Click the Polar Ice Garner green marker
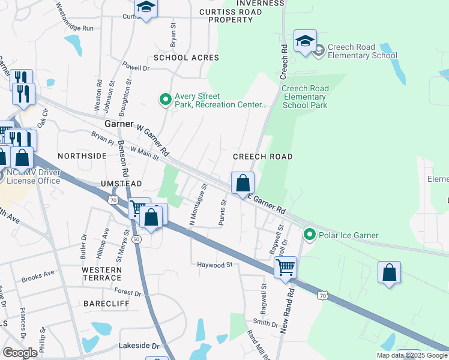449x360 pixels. tap(310, 233)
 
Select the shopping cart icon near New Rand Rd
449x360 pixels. tap(286, 266)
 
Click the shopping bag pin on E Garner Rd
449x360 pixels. tap(243, 183)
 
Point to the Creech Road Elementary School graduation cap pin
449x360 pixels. tap(305, 41)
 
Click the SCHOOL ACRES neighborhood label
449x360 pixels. tap(186, 58)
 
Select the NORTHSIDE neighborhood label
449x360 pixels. tap(82, 155)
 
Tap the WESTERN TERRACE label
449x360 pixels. tap(101, 274)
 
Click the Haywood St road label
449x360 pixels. tap(214, 265)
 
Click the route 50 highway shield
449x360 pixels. tap(137, 239)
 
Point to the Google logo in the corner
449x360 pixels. tap(20, 352)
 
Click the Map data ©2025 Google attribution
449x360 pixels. tap(411, 355)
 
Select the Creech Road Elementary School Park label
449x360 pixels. tap(305, 96)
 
